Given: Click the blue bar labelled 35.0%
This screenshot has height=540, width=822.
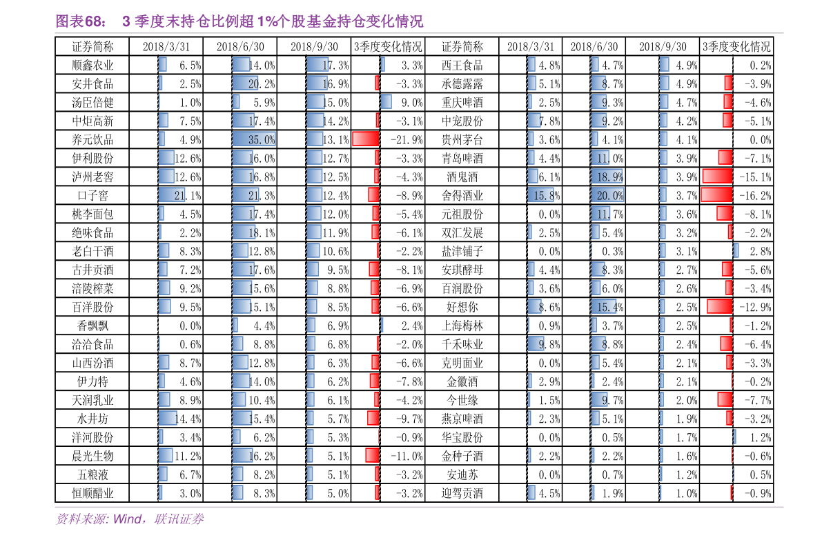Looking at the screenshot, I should tap(253, 139).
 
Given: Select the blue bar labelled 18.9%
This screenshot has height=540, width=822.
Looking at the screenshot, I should tap(607, 177).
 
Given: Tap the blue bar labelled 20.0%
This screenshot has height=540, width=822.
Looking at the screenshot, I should tap(607, 195).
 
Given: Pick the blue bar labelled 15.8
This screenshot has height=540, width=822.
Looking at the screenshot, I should tap(540, 195).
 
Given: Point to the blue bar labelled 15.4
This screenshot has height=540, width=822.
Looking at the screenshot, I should tap(603, 307).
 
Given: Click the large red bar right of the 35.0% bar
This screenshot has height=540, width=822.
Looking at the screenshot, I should tap(365, 139).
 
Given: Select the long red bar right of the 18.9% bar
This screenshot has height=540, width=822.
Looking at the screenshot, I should tap(717, 177).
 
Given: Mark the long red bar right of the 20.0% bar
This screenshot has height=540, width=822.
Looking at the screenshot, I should tap(716, 195).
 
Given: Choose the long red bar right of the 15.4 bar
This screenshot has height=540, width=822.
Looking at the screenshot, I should tap(719, 307).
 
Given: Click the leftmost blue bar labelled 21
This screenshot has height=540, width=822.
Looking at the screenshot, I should tap(171, 195).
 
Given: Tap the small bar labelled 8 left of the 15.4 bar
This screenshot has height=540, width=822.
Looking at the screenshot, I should tap(534, 307).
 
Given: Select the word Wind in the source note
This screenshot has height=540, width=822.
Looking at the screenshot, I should tap(127, 519).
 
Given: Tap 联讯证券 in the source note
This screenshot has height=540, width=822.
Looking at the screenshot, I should tap(179, 519).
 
